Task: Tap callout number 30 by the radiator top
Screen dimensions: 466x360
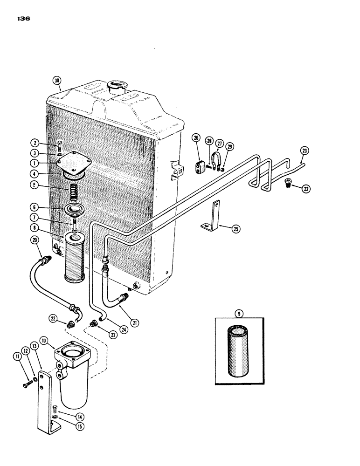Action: [x=57, y=81]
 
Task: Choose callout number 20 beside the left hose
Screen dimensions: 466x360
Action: [x=35, y=240]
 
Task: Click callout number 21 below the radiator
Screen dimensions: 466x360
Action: [x=135, y=322]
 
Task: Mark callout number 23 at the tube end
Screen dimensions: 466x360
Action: [x=304, y=151]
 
